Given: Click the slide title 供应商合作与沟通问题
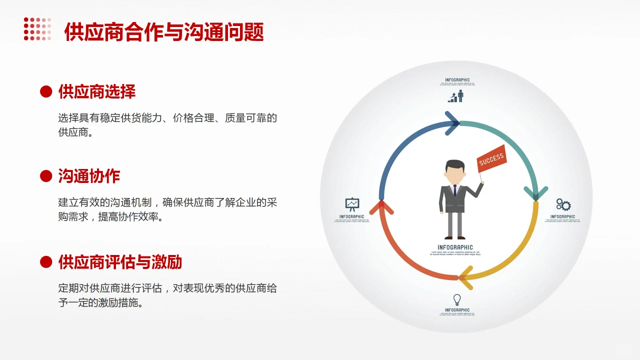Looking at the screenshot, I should point(164,32).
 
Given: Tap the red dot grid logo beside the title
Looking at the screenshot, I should point(37,29).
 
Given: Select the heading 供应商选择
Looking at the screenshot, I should point(97,91).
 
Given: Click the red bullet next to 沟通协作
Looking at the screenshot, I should point(46,176).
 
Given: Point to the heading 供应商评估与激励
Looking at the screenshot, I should point(120,261).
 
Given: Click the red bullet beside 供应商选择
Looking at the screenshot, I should point(46,91).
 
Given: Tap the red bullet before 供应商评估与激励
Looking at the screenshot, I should point(46,261).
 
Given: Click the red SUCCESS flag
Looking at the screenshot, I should point(491,159).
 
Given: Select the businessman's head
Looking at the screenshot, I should point(455,171).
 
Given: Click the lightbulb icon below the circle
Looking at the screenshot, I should point(456,299).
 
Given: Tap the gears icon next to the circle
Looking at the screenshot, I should point(563,204).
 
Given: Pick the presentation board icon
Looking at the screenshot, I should point(352,204).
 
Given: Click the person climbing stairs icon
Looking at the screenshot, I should point(456,96).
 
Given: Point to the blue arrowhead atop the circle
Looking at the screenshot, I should point(452,123).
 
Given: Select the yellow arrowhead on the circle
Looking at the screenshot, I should point(466,277).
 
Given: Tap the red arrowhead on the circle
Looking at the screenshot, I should point(381,206).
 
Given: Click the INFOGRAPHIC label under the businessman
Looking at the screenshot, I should point(455,247).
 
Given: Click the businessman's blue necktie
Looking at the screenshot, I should point(455,190).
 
